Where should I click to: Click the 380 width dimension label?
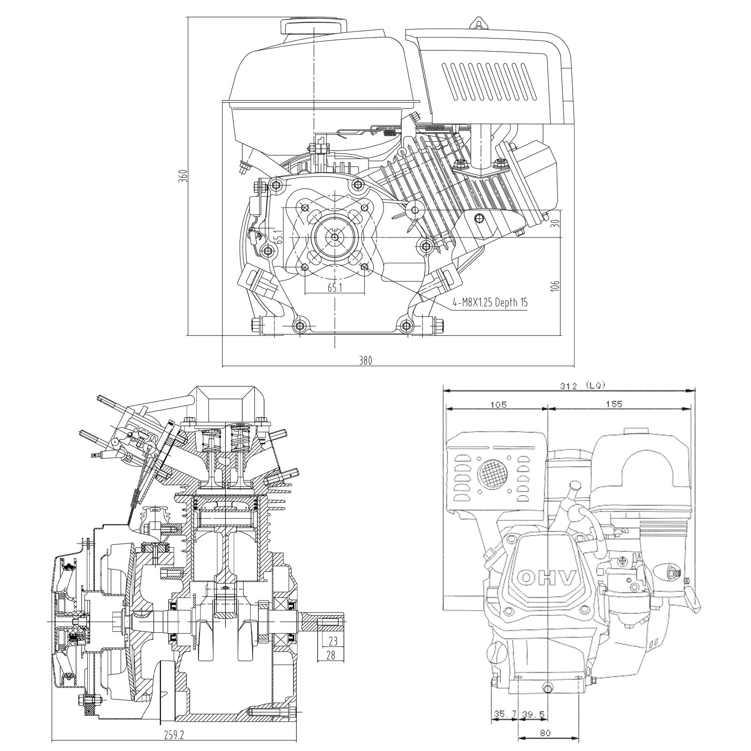point(365,360)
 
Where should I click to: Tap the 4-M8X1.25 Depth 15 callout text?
point(490,302)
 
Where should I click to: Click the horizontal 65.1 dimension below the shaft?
point(335,288)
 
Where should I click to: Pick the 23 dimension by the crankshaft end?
point(333,640)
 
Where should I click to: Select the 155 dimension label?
point(613,405)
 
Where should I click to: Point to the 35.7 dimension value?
point(505,715)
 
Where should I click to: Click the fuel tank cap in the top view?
point(313,26)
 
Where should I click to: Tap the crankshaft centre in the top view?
point(335,237)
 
